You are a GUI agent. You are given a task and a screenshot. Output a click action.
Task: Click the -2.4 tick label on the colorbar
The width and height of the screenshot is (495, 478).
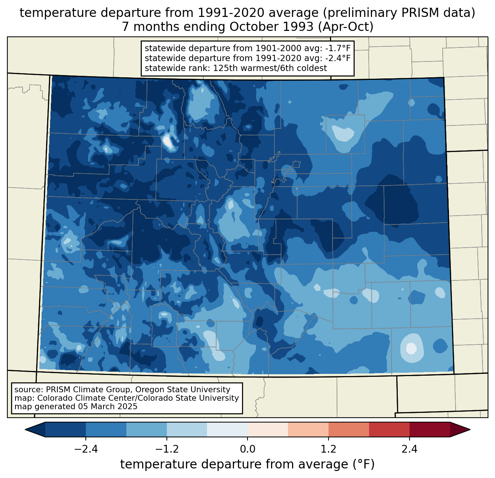[86, 449]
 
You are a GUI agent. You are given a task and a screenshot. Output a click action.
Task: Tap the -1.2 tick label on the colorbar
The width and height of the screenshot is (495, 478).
[166, 449]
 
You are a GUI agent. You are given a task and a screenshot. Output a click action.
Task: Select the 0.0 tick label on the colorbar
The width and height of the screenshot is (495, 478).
[248, 449]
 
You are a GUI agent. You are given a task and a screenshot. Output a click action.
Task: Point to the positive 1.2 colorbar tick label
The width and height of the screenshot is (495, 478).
[329, 449]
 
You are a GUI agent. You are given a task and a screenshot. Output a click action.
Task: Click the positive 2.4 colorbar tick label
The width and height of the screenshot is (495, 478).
[409, 449]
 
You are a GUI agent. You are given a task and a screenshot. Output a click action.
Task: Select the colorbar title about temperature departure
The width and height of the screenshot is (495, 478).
[248, 464]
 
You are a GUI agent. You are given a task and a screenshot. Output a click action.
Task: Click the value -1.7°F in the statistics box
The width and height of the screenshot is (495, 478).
[338, 49]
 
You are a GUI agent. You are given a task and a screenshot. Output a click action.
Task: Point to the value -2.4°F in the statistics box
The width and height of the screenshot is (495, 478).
[338, 58]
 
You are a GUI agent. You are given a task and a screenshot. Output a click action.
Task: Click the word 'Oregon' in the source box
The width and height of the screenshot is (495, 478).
[158, 390]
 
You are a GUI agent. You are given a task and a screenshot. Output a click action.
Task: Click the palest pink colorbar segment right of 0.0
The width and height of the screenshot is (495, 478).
[268, 429]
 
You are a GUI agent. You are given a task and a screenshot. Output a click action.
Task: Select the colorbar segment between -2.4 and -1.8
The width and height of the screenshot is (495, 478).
[106, 429]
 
